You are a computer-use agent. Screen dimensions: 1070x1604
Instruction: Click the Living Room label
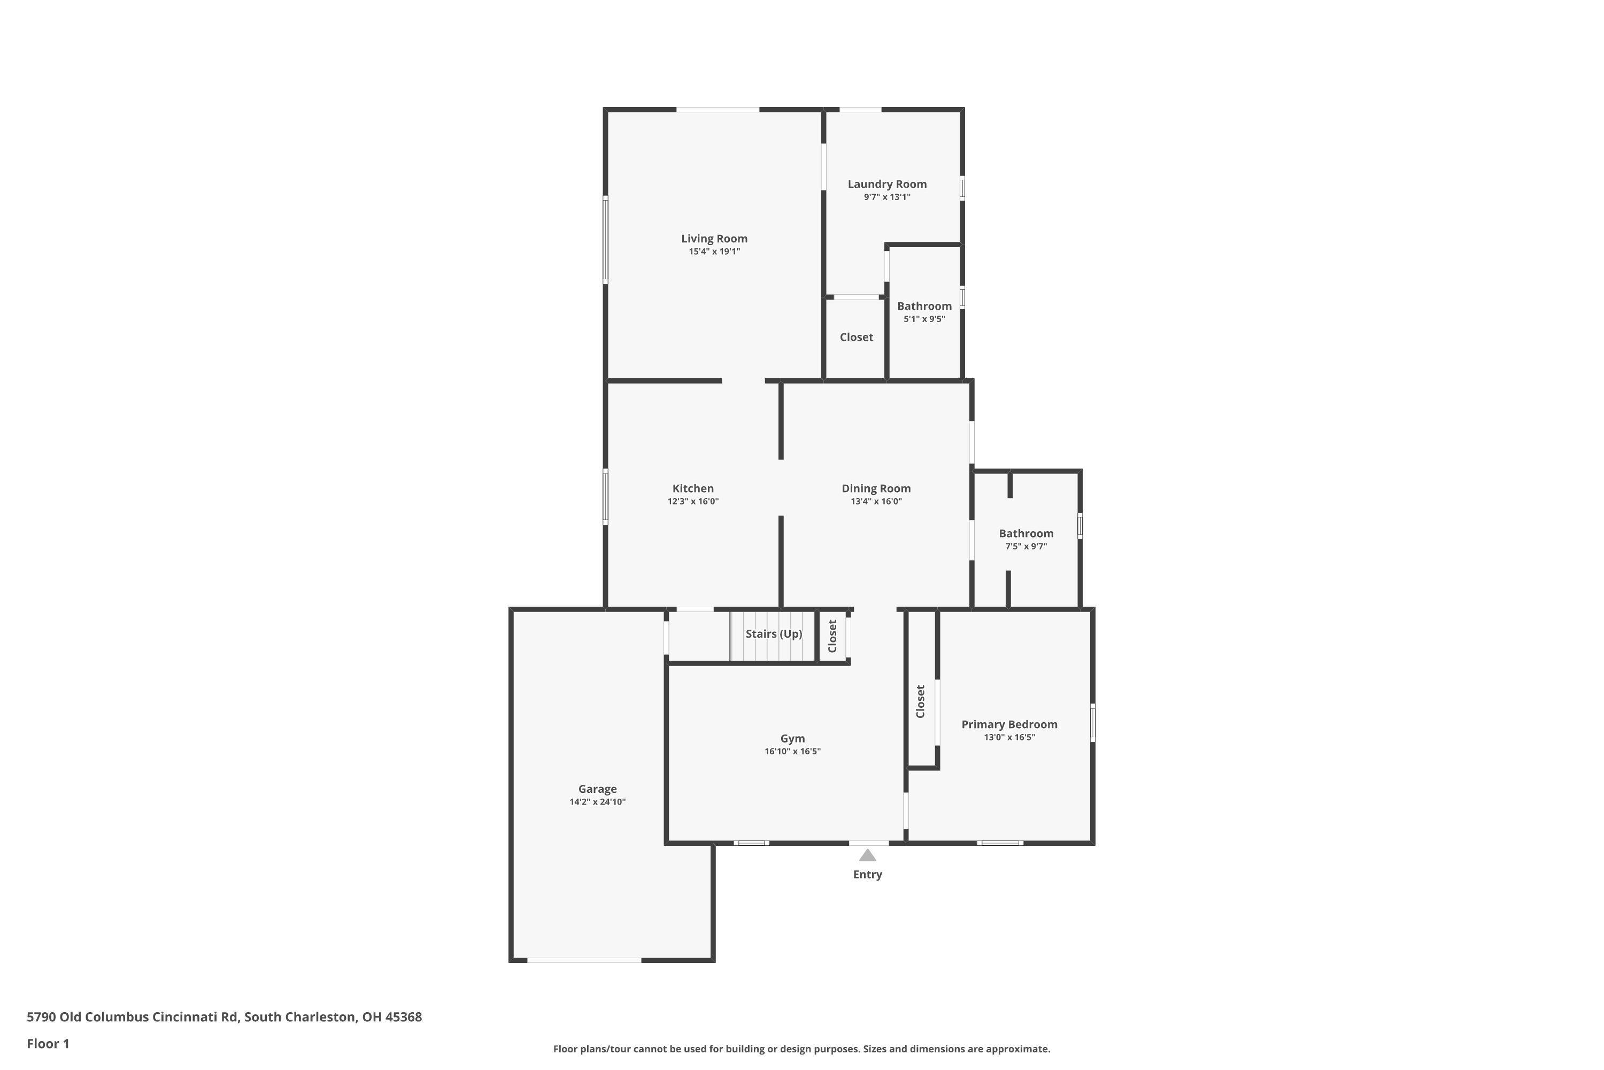[x=714, y=238]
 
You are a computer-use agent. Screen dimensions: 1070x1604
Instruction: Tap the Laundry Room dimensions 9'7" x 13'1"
[x=886, y=197]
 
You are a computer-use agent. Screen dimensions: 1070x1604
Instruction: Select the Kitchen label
[x=693, y=488]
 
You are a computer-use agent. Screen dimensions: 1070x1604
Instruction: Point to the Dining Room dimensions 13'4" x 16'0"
[x=876, y=502]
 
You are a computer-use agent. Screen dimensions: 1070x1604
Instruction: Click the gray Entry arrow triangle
[x=867, y=855]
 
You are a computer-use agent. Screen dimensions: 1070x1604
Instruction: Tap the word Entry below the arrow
[x=867, y=874]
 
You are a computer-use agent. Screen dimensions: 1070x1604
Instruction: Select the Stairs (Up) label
[x=773, y=634]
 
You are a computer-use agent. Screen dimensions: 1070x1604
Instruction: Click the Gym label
[x=792, y=738]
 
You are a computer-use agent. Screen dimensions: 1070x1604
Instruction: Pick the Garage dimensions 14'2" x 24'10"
[x=597, y=802]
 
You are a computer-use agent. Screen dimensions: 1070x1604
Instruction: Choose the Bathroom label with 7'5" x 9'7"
[x=1025, y=533]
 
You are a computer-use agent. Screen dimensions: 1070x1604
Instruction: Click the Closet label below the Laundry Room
[x=856, y=337]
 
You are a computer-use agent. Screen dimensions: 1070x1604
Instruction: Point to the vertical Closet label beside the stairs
[x=832, y=636]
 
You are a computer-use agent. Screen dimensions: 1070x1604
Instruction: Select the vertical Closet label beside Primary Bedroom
[x=921, y=701]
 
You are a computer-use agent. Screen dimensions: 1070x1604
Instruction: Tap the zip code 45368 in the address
[x=403, y=1017]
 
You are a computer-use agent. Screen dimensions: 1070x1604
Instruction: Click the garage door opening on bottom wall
[x=584, y=960]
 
